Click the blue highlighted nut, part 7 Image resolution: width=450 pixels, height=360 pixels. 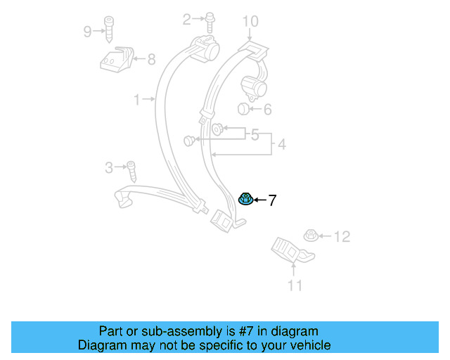tap(246, 200)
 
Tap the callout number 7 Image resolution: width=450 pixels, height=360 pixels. tap(272, 200)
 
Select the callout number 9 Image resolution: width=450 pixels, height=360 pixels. tap(87, 31)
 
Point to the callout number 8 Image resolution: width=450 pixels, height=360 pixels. tap(151, 60)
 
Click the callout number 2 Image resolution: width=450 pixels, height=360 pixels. tap(187, 19)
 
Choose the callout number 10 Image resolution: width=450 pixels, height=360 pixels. tap(251, 22)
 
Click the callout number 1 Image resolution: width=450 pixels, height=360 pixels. tap(137, 100)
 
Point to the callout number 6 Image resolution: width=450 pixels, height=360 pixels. tap(266, 109)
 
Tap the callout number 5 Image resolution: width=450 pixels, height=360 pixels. tap(255, 134)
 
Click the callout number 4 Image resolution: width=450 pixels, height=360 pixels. tap(282, 145)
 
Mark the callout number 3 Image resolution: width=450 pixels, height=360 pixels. tap(108, 167)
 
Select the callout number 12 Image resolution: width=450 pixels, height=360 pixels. tap(341, 236)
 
